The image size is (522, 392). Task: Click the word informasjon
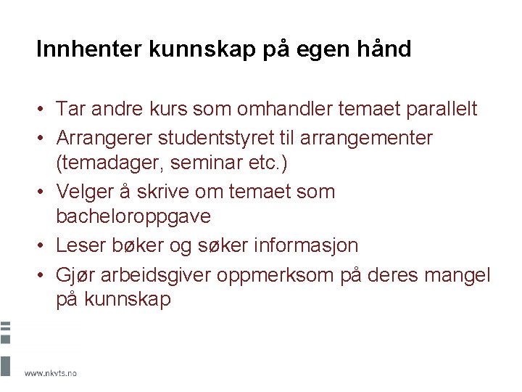306,245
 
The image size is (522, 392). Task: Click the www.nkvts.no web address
50,372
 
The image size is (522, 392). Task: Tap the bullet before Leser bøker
43,245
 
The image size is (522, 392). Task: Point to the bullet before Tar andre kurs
43,109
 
